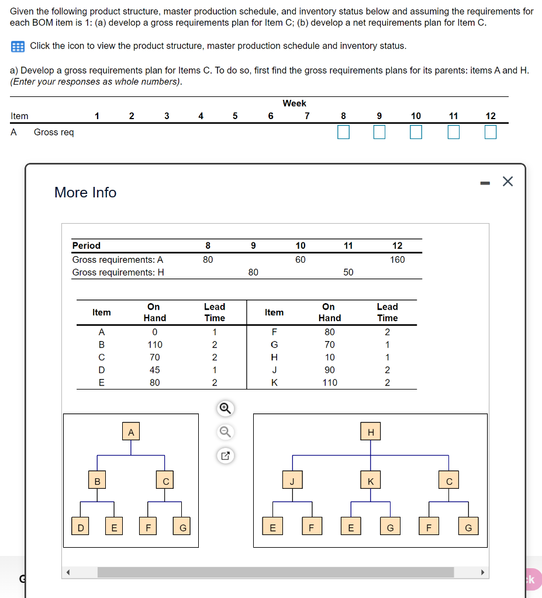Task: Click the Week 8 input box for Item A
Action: (343, 133)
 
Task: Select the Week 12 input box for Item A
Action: (491, 133)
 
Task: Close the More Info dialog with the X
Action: (507, 182)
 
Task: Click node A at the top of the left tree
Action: (131, 433)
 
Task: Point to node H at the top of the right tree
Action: (370, 433)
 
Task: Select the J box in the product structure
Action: (292, 481)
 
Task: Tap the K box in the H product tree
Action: (370, 481)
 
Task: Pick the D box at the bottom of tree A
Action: (81, 528)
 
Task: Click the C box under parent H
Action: (449, 481)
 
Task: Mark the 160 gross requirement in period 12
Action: (397, 259)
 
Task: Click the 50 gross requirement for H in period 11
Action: (348, 272)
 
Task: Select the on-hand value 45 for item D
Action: (154, 370)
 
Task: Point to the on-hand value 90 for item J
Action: (329, 370)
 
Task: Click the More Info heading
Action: (85, 192)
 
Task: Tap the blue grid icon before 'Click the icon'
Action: (18, 46)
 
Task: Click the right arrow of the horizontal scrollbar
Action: (482, 572)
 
